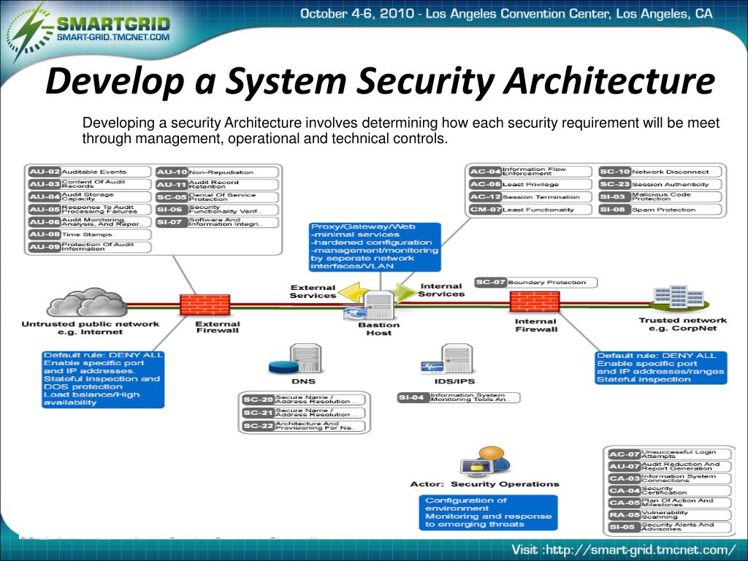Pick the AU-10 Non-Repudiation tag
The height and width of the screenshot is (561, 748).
pyautogui.click(x=217, y=172)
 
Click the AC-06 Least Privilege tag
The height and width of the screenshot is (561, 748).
pyautogui.click(x=530, y=184)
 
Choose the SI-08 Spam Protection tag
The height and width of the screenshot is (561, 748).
pyautogui.click(x=660, y=210)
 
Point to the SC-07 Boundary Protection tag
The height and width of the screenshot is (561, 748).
pyautogui.click(x=535, y=282)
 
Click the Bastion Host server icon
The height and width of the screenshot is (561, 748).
pyautogui.click(x=378, y=305)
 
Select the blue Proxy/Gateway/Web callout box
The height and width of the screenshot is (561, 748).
pyautogui.click(x=375, y=247)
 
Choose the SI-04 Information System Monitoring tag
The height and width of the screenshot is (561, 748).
pyautogui.click(x=459, y=397)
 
